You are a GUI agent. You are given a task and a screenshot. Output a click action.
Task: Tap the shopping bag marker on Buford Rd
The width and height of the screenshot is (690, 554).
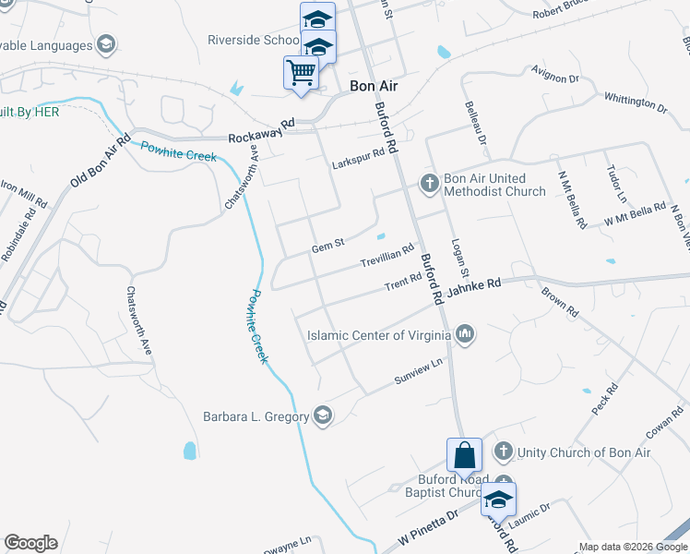coord(464,454)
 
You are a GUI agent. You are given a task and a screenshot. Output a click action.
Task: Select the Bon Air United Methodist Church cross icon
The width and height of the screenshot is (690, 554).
coord(429,184)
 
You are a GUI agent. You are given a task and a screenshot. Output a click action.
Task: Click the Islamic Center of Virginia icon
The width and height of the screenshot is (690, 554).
coord(465,333)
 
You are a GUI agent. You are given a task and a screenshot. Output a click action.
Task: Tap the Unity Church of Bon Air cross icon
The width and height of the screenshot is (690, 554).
coord(503,452)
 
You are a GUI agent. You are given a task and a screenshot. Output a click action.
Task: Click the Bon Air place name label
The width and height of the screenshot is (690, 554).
coord(374,85)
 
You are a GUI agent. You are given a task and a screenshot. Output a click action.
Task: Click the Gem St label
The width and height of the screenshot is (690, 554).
coord(327,246)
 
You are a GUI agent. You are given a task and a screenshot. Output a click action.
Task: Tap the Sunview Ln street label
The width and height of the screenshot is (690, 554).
coord(419,371)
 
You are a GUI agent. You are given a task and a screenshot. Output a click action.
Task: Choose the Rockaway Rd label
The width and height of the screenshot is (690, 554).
coord(261,130)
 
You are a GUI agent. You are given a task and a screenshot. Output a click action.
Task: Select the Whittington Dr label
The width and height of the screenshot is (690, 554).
coord(635,102)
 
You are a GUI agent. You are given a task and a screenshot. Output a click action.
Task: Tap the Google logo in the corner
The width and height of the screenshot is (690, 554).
coord(30,543)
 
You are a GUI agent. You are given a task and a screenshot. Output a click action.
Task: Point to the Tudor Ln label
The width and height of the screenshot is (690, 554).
coord(615,185)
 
